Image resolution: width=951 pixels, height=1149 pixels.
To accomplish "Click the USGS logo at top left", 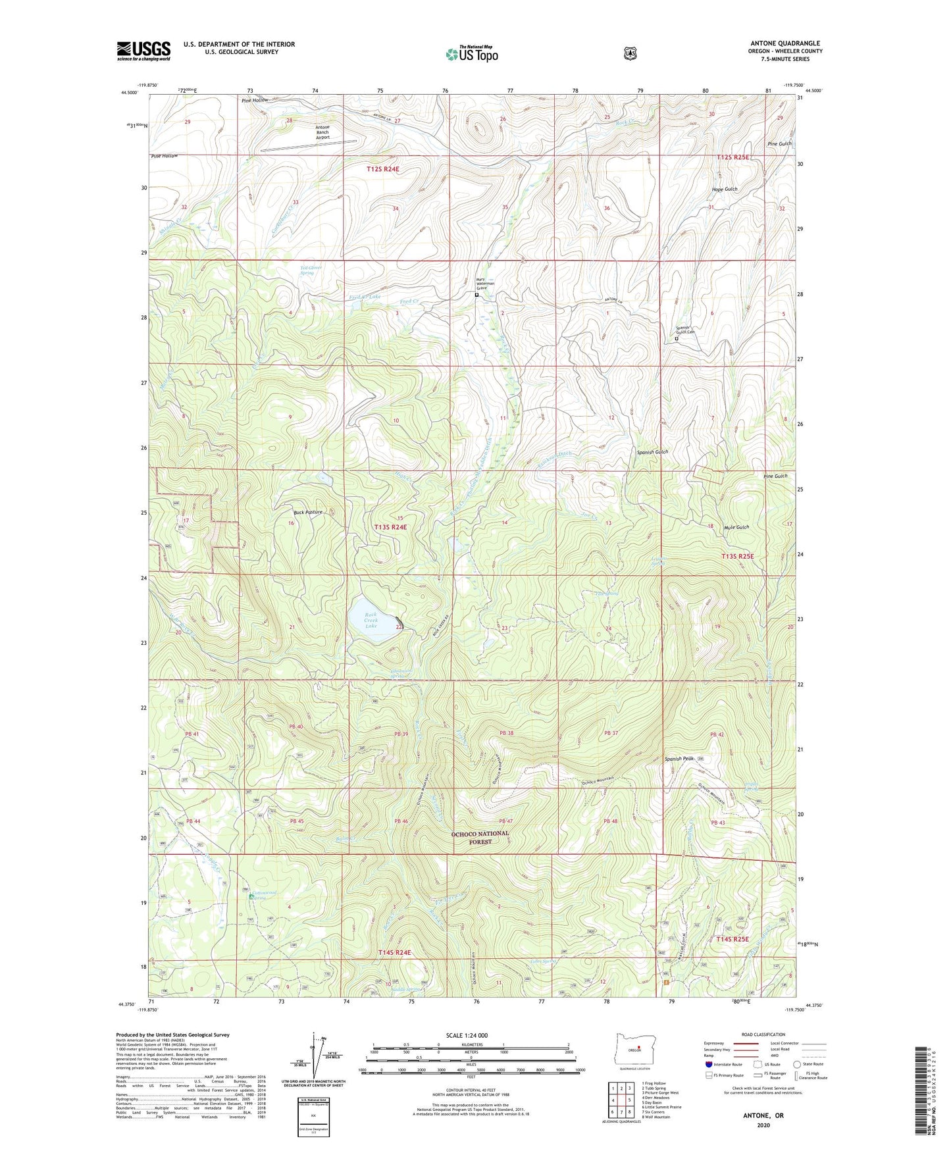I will (143, 51).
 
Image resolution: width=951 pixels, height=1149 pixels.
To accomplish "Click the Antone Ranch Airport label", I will (322, 132).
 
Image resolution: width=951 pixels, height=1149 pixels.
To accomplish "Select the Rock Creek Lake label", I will (371, 620).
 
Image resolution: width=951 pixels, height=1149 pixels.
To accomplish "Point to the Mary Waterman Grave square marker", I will (476, 295).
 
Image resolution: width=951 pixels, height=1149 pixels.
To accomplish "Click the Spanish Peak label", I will (679, 759).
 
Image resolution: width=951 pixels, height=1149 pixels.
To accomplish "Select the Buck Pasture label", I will (307, 511).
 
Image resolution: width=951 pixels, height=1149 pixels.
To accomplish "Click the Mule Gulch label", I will (736, 527).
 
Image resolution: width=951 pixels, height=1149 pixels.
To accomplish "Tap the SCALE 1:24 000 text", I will (467, 1035).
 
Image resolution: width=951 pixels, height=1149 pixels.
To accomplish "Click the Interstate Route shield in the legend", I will (708, 1063).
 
